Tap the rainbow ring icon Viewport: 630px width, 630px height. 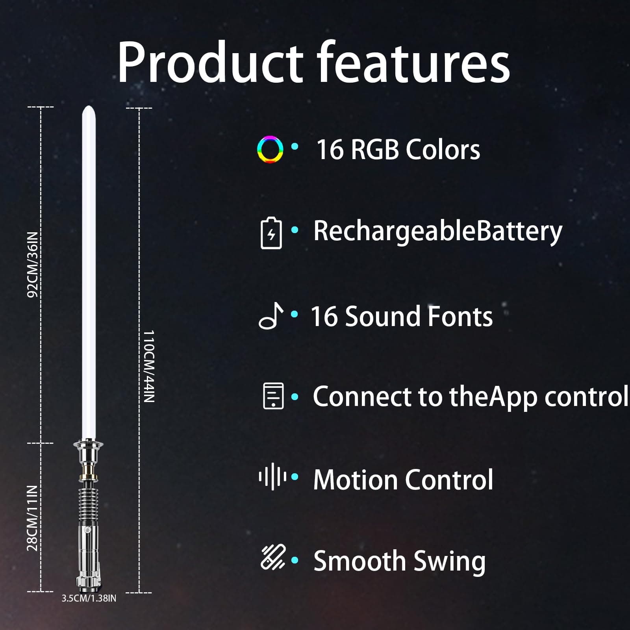(270, 149)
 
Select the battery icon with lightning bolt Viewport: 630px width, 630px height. (271, 233)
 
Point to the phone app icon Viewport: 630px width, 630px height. (273, 396)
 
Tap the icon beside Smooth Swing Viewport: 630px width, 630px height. (273, 558)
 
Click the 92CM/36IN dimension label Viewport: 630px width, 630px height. (33, 265)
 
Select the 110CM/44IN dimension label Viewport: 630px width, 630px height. (148, 366)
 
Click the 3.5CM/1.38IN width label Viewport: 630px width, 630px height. (89, 598)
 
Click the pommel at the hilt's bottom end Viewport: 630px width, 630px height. (88, 585)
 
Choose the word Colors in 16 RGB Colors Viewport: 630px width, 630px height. (443, 150)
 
